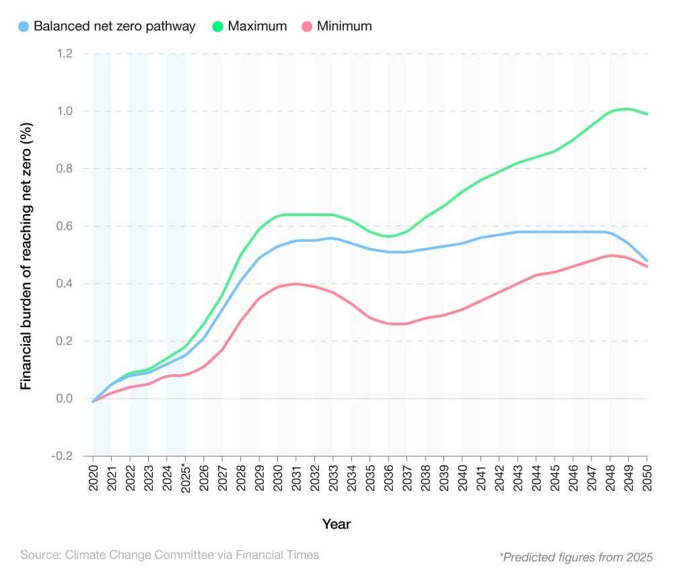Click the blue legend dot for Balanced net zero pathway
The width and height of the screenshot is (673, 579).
click(x=24, y=27)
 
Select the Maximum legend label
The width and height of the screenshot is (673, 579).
click(x=257, y=27)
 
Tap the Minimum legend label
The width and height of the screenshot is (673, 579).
click(x=344, y=27)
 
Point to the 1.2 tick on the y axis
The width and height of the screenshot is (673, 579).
click(x=65, y=53)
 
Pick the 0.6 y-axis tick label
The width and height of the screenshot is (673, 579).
click(x=65, y=226)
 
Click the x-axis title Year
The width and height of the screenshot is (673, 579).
click(x=336, y=524)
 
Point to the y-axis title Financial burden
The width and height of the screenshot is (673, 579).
click(x=26, y=256)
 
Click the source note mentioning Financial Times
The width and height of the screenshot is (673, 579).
click(x=170, y=555)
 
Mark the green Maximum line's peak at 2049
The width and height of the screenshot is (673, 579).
click(x=628, y=108)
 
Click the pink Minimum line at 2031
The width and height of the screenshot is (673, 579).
click(x=296, y=283)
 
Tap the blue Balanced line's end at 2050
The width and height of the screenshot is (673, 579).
click(x=646, y=261)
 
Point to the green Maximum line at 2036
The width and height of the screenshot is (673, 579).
click(x=388, y=236)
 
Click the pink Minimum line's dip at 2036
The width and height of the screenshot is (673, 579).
click(x=388, y=323)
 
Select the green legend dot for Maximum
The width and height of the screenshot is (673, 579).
click(x=217, y=27)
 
